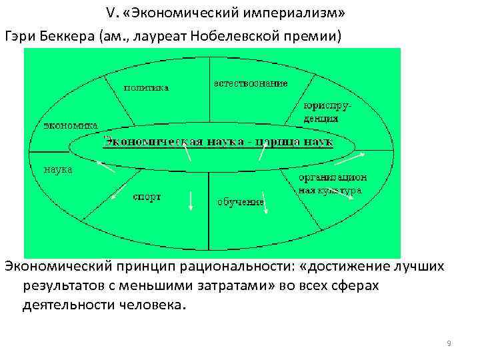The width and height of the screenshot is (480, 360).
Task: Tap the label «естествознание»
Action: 251,83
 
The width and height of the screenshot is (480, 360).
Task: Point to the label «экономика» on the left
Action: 71,125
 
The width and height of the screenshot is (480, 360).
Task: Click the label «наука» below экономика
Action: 58,169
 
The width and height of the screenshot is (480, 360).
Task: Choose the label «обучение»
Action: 241,201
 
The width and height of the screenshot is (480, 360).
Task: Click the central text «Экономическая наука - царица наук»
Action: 217,142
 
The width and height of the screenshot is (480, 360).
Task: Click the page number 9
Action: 449,343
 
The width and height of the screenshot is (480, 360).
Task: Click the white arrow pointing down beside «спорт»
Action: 191,201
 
